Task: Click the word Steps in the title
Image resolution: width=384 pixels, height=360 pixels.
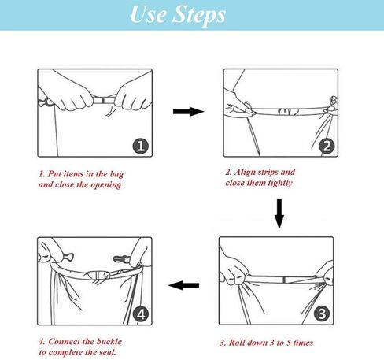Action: click(199, 15)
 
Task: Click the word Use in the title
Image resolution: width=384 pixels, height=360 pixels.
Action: click(148, 13)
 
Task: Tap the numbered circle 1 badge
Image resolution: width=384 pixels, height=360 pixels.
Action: click(141, 146)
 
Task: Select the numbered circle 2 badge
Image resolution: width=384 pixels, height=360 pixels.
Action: click(327, 146)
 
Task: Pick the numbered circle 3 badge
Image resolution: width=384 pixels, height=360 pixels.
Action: click(322, 314)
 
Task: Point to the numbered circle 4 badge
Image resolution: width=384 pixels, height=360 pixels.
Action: click(141, 314)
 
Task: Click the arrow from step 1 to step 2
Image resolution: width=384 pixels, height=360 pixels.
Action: click(188, 112)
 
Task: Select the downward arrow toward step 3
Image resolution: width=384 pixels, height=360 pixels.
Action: click(279, 213)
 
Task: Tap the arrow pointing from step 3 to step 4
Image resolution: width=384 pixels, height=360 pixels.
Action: click(183, 285)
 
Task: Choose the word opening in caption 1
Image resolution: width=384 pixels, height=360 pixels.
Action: click(106, 185)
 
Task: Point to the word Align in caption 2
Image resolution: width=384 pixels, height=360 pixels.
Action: click(245, 172)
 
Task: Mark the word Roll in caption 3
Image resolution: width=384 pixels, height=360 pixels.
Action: click(237, 343)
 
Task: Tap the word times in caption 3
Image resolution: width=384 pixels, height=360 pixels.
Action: click(303, 343)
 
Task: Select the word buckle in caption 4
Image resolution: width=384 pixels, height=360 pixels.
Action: click(109, 342)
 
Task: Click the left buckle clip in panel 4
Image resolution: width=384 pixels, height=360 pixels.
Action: click(68, 256)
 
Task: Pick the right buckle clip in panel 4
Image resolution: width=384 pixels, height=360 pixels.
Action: click(121, 258)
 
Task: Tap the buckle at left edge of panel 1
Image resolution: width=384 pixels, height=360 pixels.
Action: click(46, 102)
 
